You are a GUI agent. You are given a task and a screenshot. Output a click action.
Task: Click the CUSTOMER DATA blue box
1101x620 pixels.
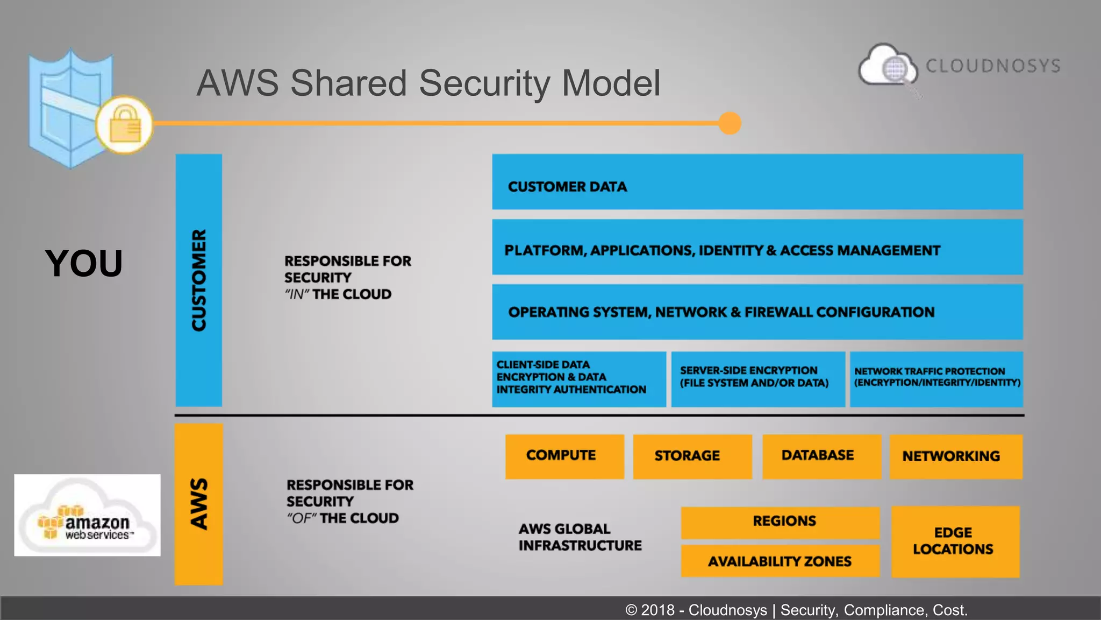click(757, 182)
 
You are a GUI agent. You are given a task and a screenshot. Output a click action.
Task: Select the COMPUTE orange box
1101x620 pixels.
click(564, 456)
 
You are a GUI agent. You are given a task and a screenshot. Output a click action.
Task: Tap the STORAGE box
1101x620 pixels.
click(692, 456)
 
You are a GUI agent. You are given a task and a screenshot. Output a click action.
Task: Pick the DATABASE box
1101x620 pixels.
click(821, 456)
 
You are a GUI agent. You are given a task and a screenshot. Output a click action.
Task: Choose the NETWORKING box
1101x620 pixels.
click(955, 456)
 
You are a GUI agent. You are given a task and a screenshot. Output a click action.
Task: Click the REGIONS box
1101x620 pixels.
click(780, 522)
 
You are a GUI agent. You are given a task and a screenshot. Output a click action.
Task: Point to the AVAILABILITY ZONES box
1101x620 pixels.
click(780, 561)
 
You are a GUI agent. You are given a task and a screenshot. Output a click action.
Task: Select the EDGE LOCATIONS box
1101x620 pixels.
click(955, 541)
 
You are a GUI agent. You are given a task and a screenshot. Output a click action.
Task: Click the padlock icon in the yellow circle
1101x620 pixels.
click(125, 125)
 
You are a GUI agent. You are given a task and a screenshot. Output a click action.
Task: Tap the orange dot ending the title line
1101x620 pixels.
click(730, 123)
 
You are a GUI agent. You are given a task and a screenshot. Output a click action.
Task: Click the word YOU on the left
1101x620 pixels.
click(84, 264)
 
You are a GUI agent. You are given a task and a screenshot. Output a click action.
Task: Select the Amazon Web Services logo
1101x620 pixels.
click(87, 515)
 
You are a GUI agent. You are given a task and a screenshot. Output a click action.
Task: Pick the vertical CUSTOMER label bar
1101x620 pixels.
click(198, 280)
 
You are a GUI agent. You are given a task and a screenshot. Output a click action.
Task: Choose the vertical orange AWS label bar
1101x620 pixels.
click(198, 504)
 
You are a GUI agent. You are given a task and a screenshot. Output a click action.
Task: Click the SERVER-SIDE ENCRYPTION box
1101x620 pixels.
click(757, 379)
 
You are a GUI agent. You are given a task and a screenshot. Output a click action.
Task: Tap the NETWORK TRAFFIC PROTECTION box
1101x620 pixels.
click(936, 379)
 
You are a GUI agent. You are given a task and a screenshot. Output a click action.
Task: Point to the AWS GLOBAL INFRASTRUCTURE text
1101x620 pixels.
click(580, 537)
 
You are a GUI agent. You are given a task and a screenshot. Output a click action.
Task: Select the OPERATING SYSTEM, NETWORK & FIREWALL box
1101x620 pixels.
click(757, 312)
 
